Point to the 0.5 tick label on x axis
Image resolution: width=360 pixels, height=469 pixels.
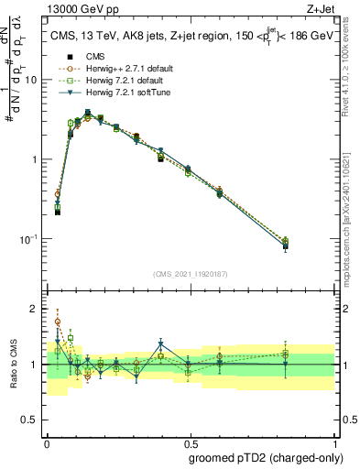click(190, 442)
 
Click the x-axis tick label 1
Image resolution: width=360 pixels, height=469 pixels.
click(333, 442)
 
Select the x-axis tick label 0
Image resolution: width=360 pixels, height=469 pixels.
click(46, 442)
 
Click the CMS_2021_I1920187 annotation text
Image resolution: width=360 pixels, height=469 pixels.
click(190, 274)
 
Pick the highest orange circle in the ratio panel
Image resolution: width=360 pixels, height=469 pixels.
click(58, 322)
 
